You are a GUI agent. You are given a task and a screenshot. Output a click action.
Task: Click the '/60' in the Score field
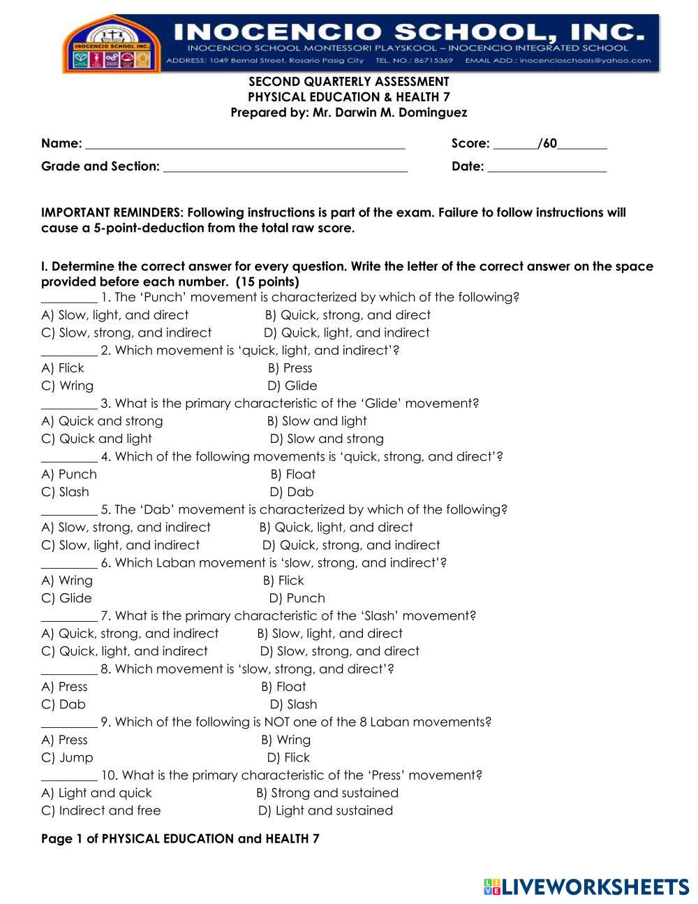tap(548, 143)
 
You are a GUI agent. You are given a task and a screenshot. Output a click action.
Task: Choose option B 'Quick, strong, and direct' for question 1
tap(348, 315)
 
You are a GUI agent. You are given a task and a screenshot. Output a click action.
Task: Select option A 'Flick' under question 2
tap(63, 368)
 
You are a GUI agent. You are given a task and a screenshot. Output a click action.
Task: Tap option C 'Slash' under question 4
tap(66, 492)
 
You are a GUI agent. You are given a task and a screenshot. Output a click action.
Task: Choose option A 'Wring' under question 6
tap(67, 581)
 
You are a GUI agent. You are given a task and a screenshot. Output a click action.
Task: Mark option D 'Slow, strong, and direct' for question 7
tap(340, 651)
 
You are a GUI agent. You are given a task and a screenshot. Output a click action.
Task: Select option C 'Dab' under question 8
tap(64, 704)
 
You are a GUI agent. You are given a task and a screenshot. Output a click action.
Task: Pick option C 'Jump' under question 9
tap(67, 757)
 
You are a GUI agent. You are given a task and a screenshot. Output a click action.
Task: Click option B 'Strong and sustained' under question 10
tap(327, 793)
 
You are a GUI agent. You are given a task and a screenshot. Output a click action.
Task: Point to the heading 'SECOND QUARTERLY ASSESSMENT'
tap(349, 82)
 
